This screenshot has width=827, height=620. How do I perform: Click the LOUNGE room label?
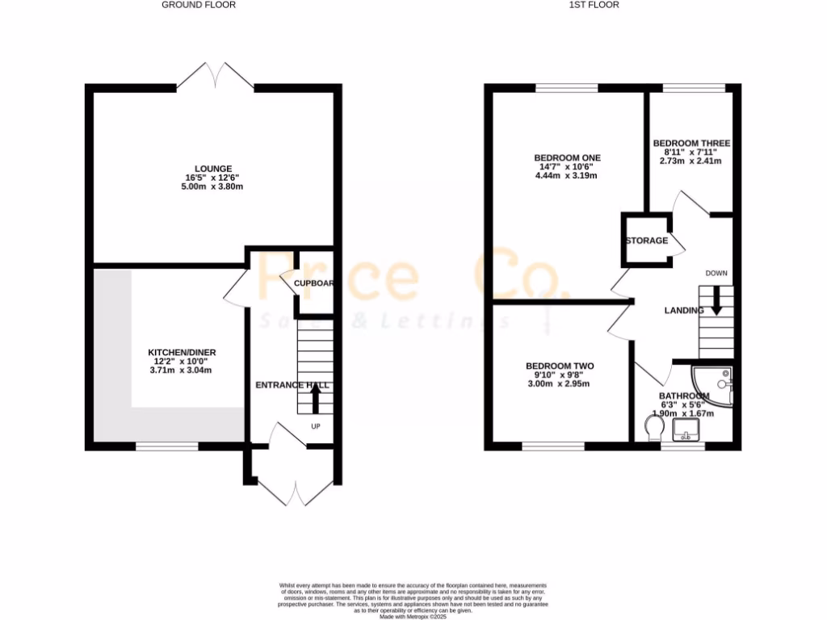[213, 169]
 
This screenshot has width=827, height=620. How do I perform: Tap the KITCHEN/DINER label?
[182, 353]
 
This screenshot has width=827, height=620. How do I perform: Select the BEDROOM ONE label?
[567, 157]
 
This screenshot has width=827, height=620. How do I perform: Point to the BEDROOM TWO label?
[559, 366]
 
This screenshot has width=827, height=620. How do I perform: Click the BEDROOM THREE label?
[691, 143]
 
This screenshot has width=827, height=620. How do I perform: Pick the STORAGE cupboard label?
[647, 241]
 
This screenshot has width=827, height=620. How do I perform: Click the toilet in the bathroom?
[654, 428]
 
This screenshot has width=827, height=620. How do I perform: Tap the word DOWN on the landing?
[716, 273]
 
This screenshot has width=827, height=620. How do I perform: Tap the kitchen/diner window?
[167, 446]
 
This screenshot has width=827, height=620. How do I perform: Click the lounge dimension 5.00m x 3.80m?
[213, 186]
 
